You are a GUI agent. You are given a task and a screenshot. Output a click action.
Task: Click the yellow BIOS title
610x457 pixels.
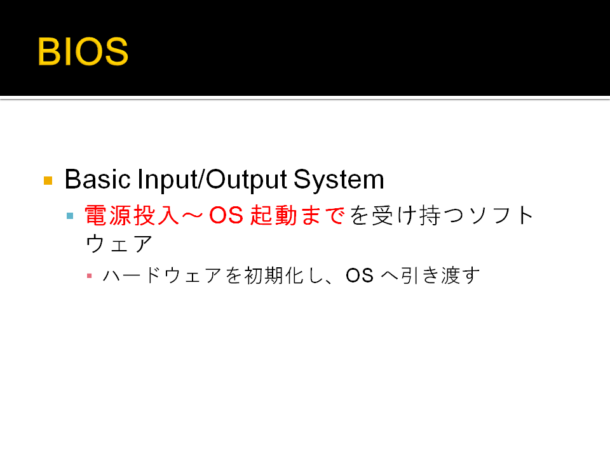pyautogui.click(x=83, y=51)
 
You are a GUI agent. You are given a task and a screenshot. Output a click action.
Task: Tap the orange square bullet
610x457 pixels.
pyautogui.click(x=48, y=180)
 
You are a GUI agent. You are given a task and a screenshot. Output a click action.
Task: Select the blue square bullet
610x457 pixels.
pyautogui.click(x=70, y=216)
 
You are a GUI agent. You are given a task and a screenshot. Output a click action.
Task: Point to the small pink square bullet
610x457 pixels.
pyautogui.click(x=90, y=276)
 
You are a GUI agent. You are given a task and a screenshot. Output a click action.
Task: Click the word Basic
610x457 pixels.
pyautogui.click(x=97, y=180)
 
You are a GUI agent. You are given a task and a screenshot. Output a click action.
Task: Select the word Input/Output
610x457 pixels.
pyautogui.click(x=212, y=180)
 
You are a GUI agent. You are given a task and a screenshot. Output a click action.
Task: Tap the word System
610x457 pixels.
pyautogui.click(x=339, y=180)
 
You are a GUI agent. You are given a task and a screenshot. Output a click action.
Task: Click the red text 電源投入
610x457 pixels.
pyautogui.click(x=132, y=215)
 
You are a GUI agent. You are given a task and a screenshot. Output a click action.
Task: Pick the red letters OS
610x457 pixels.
pyautogui.click(x=226, y=215)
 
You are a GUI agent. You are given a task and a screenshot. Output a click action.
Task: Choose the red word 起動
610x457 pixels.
pyautogui.click(x=273, y=215)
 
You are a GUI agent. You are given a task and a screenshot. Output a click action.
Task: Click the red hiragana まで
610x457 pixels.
pyautogui.click(x=323, y=215)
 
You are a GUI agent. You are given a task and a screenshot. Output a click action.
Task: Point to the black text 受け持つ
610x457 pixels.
pyautogui.click(x=418, y=215)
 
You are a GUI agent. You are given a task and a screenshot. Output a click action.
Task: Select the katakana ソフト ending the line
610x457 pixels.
pyautogui.click(x=501, y=215)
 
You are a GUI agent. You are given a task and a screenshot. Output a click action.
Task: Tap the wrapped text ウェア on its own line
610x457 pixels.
pyautogui.click(x=119, y=244)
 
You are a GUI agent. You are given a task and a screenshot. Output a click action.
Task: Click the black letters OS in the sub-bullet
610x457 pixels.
pyautogui.click(x=360, y=275)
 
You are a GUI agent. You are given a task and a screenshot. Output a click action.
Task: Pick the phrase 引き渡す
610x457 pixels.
pyautogui.click(x=440, y=275)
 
